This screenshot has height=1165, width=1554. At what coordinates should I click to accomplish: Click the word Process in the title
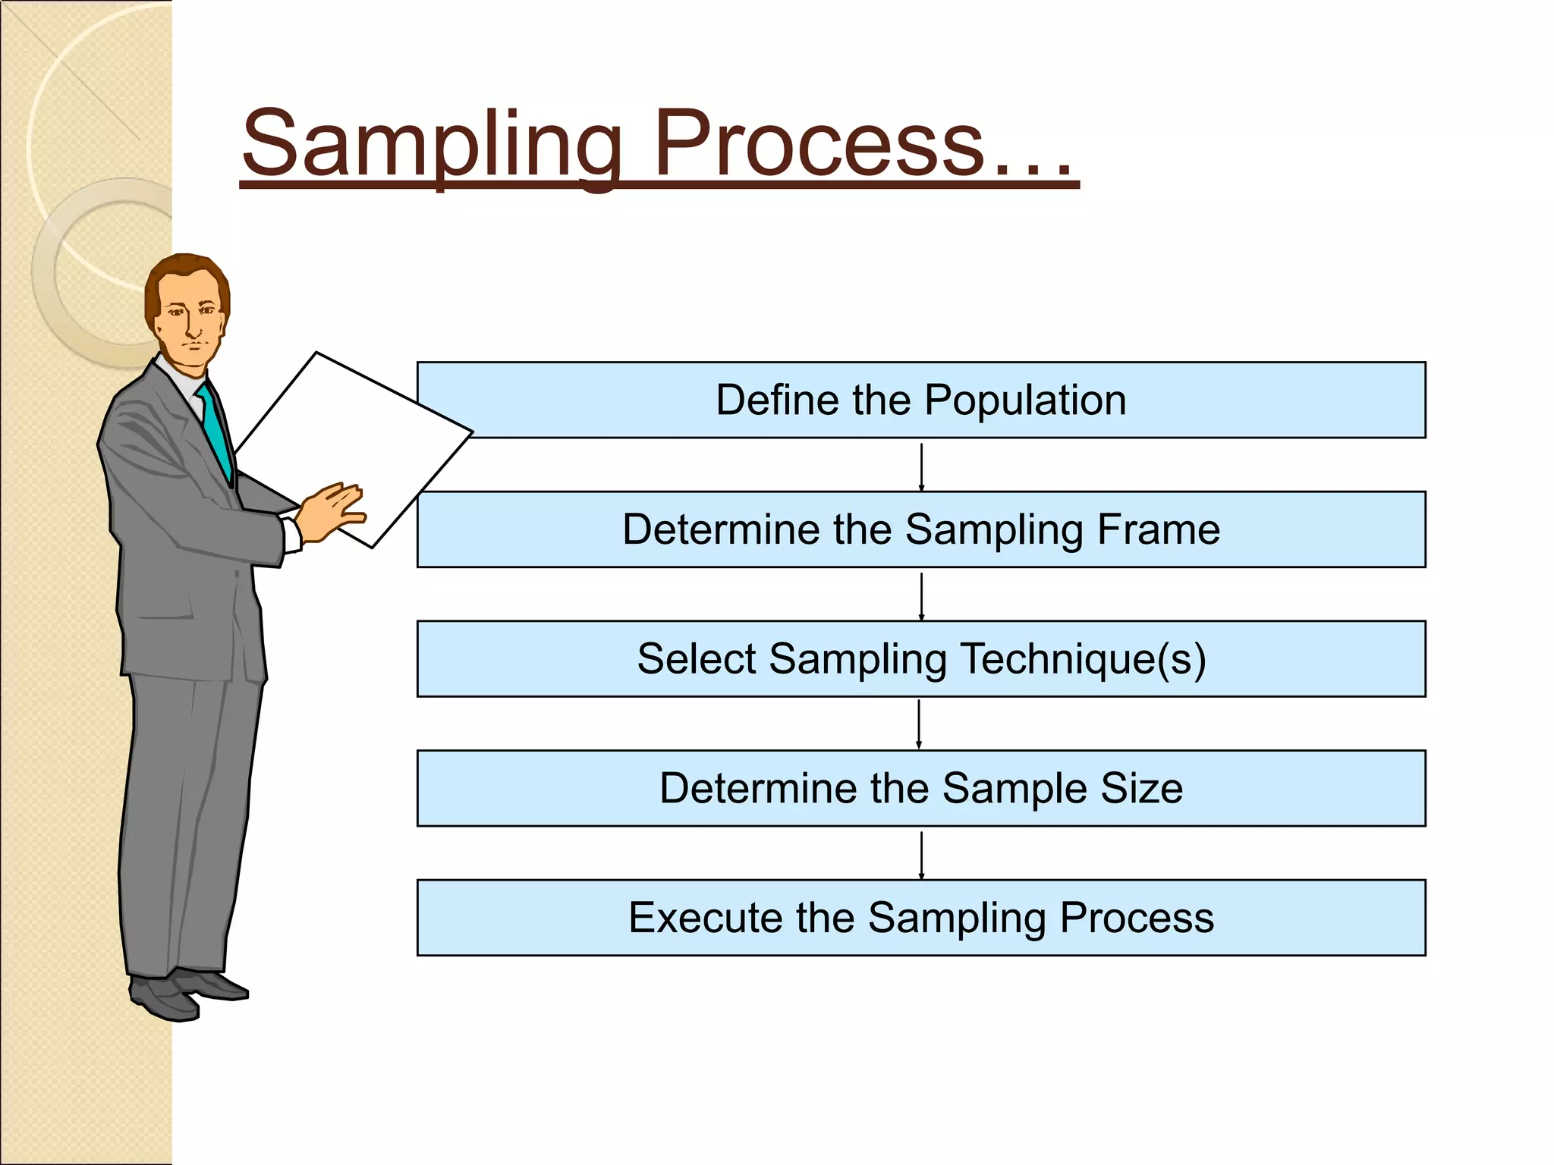coord(819,144)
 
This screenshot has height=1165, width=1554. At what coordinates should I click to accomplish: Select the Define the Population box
coord(921,400)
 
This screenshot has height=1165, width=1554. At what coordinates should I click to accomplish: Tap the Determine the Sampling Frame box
coord(921,529)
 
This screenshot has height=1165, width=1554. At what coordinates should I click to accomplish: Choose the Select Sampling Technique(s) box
coord(921,659)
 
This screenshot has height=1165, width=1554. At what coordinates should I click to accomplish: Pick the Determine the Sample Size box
coord(921,788)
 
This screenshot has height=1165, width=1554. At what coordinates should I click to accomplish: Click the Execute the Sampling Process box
coord(921,918)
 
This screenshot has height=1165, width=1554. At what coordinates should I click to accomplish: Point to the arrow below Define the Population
coord(921,466)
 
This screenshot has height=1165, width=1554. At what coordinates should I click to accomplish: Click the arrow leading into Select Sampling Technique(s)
coord(921,595)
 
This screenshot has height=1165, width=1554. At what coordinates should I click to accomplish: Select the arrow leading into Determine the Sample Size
coord(919,724)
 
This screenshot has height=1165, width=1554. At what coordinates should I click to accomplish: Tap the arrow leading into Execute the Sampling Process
coord(921,854)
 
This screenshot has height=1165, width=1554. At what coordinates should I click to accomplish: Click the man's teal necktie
coord(216,432)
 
